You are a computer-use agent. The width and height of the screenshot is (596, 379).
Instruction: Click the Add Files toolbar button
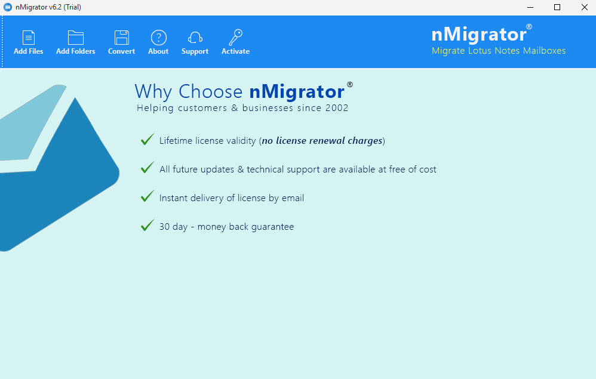pos(29,42)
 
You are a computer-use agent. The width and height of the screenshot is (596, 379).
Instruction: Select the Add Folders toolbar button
pos(76,42)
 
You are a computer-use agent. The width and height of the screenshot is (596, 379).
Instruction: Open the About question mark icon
pos(158,38)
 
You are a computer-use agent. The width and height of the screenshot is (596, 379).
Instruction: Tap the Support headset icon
pos(195,38)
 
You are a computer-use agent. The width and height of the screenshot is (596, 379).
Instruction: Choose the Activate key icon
pos(236,37)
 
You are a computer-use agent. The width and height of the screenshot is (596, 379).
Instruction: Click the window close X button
pos(585,7)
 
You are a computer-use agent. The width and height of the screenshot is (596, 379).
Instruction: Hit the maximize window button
pos(557,7)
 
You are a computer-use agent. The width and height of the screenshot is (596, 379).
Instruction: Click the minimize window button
pos(530,7)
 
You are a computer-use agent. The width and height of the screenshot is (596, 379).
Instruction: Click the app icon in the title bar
pos(8,7)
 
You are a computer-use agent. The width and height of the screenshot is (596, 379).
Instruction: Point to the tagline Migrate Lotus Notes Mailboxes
pos(498,51)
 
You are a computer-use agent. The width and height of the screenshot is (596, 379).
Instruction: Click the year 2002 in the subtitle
pos(337,108)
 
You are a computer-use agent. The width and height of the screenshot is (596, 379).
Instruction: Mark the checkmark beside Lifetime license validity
pos(147,140)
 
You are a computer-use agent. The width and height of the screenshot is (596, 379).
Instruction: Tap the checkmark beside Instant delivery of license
pos(147,196)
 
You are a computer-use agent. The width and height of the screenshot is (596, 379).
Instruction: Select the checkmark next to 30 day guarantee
pos(147,225)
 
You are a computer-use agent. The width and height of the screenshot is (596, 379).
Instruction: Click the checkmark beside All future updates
pos(147,168)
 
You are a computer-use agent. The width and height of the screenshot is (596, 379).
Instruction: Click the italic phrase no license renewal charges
pos(322,141)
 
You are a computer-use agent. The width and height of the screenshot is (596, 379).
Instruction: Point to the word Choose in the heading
pos(210,91)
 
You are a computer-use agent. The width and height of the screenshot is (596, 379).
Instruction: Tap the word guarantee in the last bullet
pos(272,227)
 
